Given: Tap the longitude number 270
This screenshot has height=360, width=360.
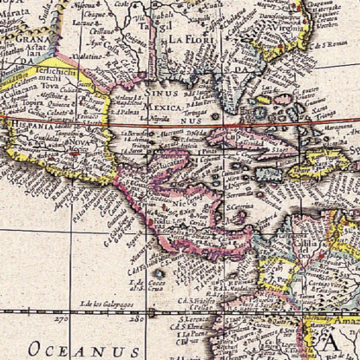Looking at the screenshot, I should click(60, 318).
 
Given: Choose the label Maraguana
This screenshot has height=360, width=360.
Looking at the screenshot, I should click(334, 132).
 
